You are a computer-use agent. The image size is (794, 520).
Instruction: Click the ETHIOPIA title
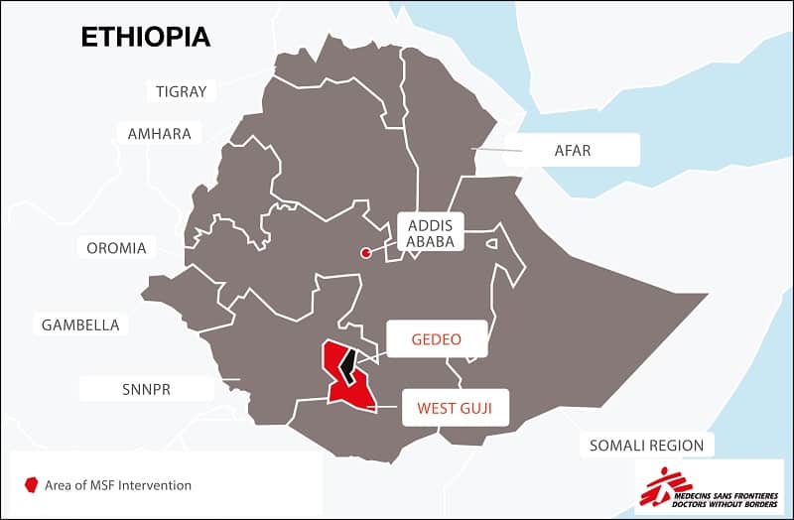pyautogui.click(x=145, y=37)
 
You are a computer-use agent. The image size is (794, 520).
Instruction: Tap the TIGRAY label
pyautogui.click(x=182, y=91)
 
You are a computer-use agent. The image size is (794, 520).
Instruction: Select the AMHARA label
pyautogui.click(x=159, y=133)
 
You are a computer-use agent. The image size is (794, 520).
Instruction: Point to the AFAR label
pyautogui.click(x=572, y=151)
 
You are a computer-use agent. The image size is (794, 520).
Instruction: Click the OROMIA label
pyautogui.click(x=116, y=248)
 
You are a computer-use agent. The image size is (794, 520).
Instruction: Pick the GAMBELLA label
pyautogui.click(x=79, y=325)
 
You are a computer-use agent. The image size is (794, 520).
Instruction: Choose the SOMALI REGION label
pyautogui.click(x=646, y=446)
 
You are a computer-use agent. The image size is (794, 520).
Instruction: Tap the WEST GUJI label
pyautogui.click(x=455, y=407)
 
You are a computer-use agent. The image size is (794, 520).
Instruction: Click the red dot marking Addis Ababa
pyautogui.click(x=366, y=253)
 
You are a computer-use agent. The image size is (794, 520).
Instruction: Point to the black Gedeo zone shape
pyautogui.click(x=346, y=368)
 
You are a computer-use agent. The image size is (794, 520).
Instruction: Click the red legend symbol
pyautogui.click(x=32, y=485)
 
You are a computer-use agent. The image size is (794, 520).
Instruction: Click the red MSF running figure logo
pyautogui.click(x=659, y=486)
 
